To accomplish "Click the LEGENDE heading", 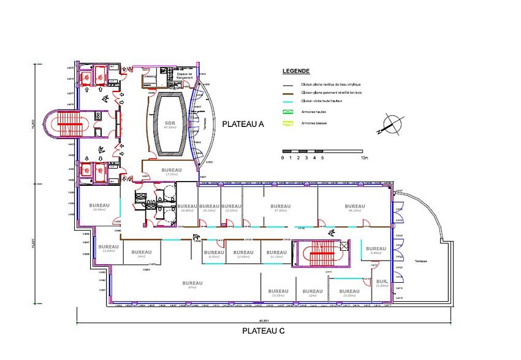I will tap(295, 71).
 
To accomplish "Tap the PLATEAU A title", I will tap(243, 124).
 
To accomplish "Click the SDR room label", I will tap(170, 123).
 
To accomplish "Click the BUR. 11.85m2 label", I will tap(381, 283).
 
